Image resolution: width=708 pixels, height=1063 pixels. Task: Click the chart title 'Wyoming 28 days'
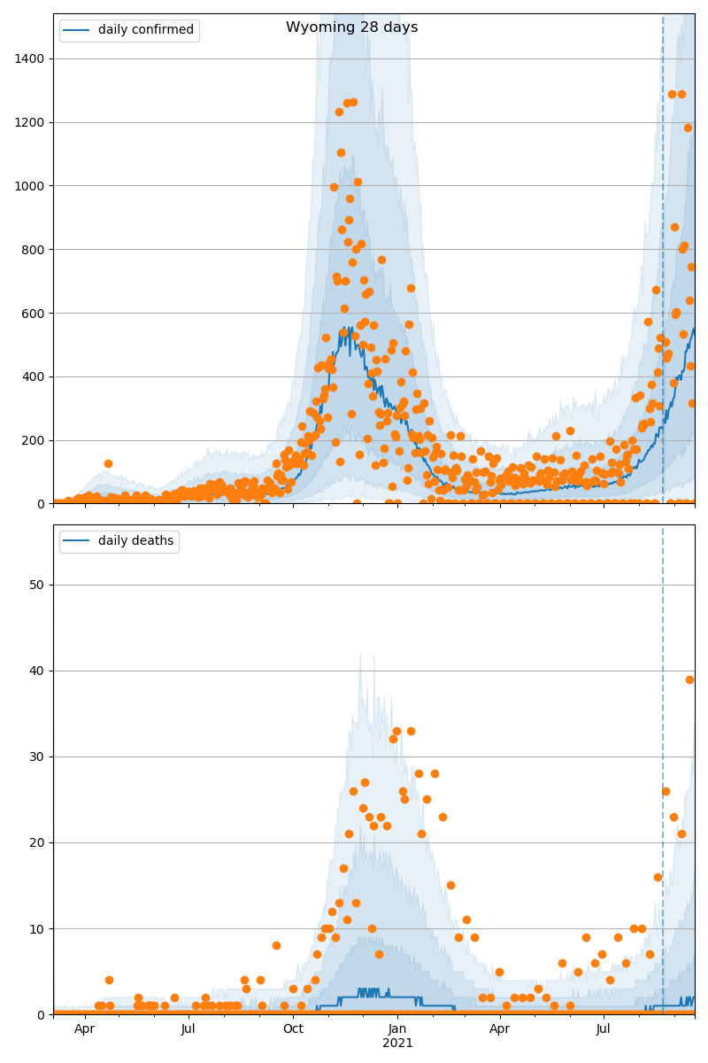(351, 27)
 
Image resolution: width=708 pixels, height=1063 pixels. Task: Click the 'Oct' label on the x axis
(293, 1029)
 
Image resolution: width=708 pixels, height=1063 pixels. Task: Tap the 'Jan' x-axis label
(397, 1029)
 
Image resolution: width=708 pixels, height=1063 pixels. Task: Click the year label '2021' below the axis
(397, 1043)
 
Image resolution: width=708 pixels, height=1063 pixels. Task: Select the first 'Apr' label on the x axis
(84, 1029)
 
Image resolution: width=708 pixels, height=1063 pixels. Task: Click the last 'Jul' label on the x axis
(604, 1029)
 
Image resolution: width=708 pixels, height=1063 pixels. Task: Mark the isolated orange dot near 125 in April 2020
(108, 463)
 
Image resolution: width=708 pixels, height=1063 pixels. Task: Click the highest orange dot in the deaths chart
(689, 679)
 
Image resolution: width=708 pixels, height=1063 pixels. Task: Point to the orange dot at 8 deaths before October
(276, 945)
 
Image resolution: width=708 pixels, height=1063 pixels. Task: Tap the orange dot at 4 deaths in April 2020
(109, 980)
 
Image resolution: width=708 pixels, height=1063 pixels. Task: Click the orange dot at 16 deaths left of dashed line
(658, 877)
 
